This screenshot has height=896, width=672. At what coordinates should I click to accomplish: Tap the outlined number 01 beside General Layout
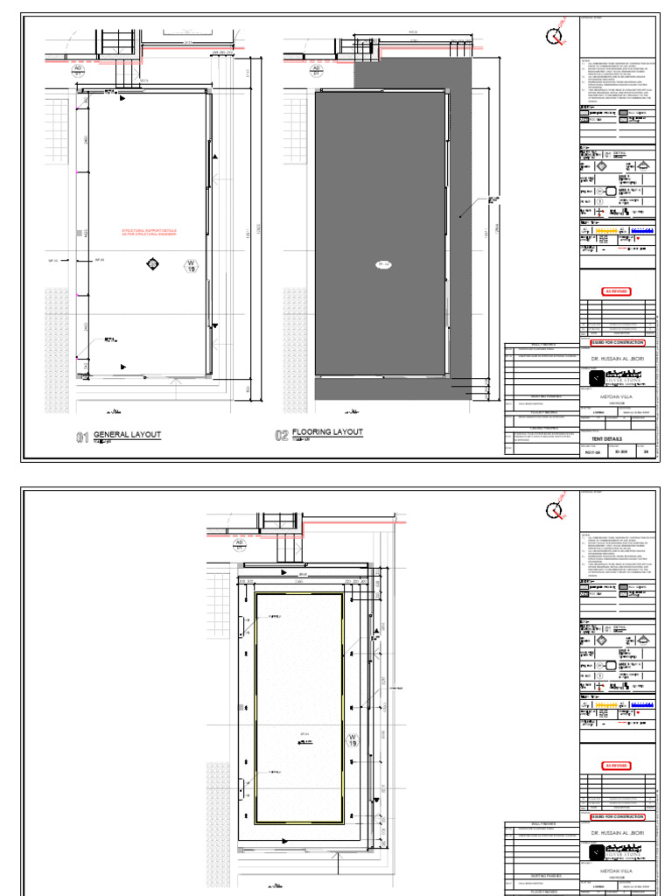click(82, 436)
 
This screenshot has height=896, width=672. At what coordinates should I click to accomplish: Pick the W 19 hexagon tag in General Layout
click(190, 267)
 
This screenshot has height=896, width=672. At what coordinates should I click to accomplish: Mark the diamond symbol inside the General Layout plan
click(153, 263)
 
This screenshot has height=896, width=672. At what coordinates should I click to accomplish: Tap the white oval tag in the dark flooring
click(382, 263)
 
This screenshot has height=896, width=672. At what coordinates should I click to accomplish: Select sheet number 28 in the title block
click(647, 452)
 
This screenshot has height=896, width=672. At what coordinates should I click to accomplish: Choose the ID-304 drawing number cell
click(620, 452)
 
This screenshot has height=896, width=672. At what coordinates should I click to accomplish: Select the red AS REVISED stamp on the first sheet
click(617, 291)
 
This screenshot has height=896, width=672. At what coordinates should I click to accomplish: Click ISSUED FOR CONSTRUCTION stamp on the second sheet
click(617, 816)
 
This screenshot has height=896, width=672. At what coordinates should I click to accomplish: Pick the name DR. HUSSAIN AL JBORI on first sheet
click(617, 357)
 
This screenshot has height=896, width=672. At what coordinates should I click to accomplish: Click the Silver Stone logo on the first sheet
click(617, 377)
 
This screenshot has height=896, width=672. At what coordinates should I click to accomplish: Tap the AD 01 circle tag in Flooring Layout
click(293, 70)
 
